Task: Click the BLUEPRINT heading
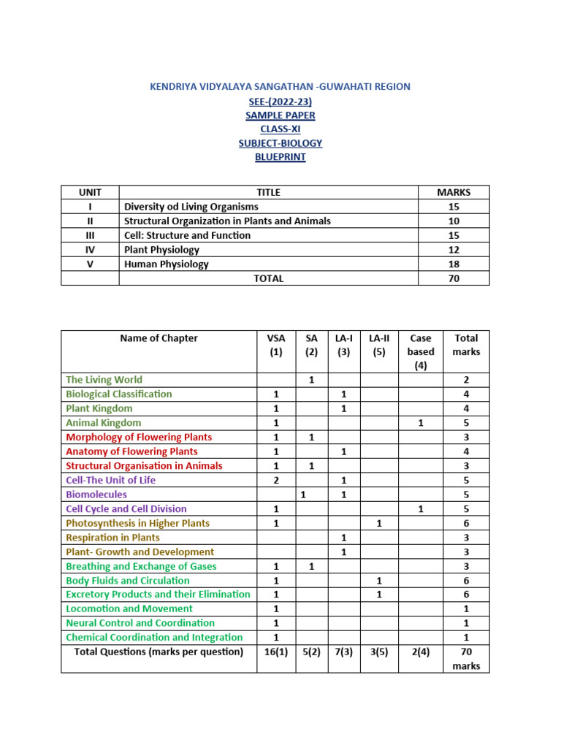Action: [280, 157]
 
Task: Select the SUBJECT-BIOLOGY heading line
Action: [280, 143]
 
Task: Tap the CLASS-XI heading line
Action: [280, 129]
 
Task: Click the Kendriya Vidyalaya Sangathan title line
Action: [280, 86]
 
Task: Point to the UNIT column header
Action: [90, 192]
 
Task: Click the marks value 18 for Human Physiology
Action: [454, 264]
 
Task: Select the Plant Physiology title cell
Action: [161, 250]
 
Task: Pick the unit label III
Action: [90, 235]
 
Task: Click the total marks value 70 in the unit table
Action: [454, 278]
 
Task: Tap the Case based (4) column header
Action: [421, 351]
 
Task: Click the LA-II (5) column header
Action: [379, 345]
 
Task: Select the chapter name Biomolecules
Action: [96, 495]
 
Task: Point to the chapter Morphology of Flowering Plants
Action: [139, 437]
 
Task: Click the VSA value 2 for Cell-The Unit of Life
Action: [276, 480]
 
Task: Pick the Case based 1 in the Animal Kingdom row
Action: [421, 423]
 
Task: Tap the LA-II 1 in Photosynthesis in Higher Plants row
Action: [379, 523]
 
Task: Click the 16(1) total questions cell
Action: [276, 652]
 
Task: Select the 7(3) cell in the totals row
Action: [344, 652]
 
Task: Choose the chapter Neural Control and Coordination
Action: [140, 623]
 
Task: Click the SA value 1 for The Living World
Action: [311, 380]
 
